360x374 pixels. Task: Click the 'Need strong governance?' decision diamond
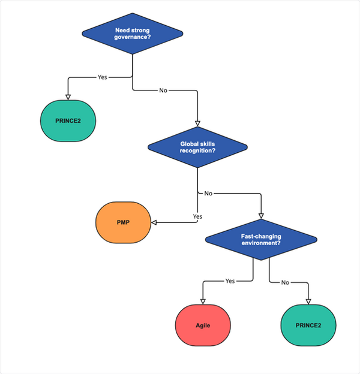132,34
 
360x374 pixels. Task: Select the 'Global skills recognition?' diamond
197,147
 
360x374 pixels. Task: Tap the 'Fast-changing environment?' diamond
261,240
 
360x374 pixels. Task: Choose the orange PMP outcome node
123,222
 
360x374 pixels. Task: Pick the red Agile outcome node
203,325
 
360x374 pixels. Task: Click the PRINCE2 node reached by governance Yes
67,120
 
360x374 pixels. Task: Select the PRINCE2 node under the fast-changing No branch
309,325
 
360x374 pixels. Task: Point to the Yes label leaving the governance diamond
102,77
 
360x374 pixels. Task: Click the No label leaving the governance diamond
163,91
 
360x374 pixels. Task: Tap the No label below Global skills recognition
208,194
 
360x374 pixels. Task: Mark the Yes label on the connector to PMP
197,216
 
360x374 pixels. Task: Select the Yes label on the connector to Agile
230,280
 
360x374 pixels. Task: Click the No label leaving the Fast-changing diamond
285,282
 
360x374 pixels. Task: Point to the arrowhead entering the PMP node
154,222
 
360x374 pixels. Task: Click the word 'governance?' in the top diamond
132,38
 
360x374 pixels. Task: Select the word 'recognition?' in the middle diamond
197,150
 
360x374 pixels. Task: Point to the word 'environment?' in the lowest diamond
261,244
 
